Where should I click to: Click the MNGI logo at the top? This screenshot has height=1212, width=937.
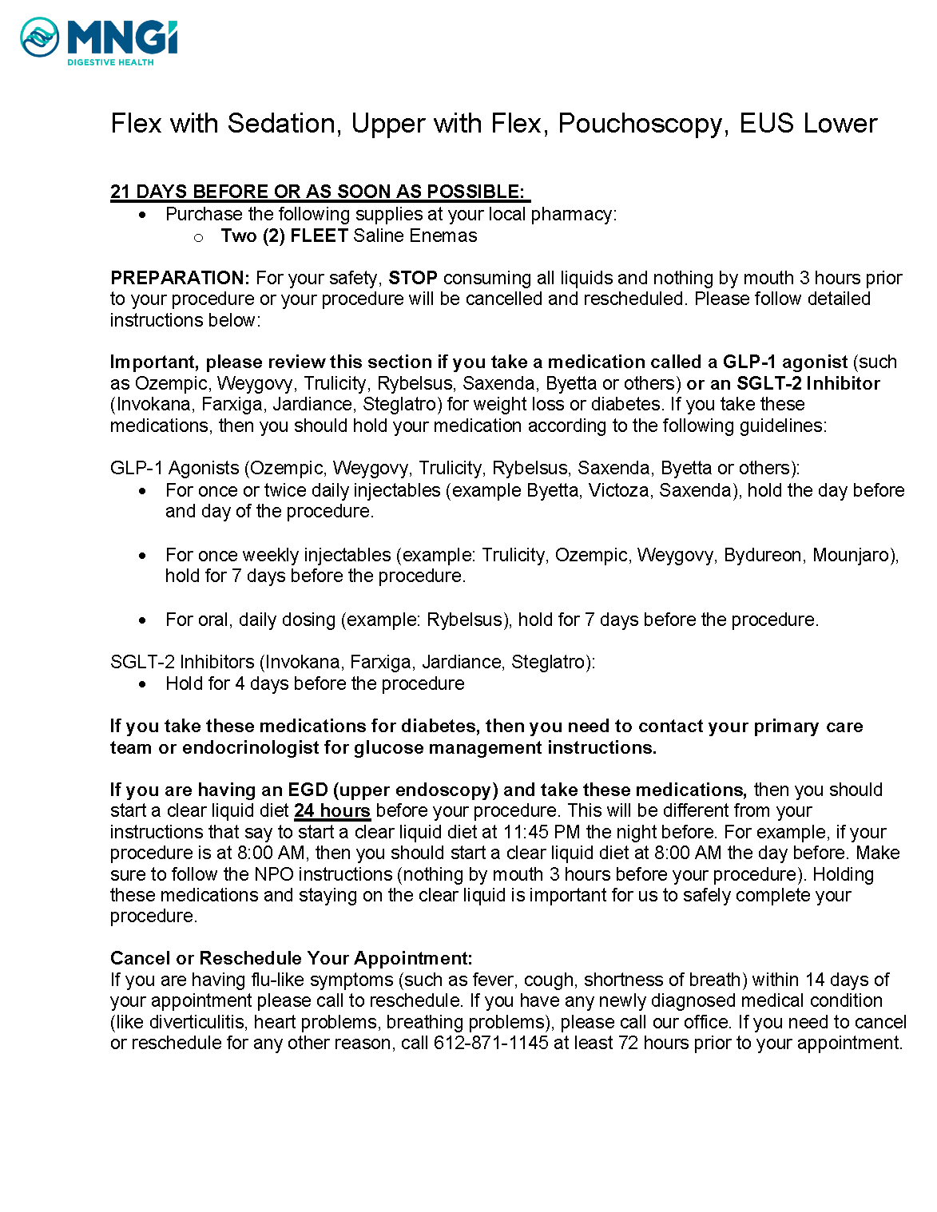98,37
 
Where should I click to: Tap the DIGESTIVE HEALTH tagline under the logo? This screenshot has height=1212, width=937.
110,62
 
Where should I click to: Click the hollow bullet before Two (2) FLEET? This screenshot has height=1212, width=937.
199,237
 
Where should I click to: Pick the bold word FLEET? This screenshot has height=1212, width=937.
319,236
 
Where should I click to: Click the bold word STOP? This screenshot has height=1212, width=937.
413,278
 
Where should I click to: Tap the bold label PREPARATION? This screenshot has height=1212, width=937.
181,278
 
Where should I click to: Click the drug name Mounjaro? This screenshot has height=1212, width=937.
855,555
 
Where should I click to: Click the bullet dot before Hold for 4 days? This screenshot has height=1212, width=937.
142,684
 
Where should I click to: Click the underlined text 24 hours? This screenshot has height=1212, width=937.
332,810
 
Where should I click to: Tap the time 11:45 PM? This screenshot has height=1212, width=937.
541,832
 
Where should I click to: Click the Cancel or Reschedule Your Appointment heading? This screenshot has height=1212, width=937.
292,958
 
